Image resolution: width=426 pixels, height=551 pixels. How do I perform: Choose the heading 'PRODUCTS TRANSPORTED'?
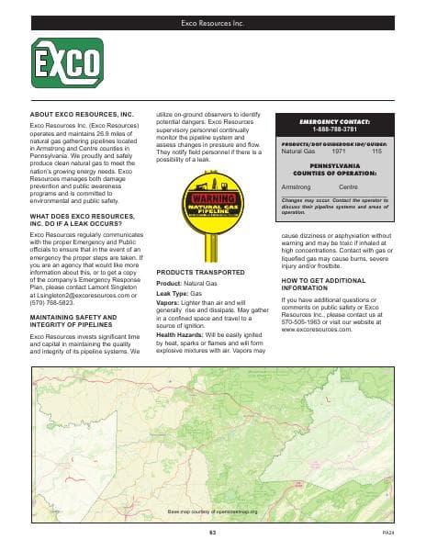[x=199, y=274]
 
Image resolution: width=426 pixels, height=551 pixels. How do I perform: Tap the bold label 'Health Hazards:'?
[x=180, y=333]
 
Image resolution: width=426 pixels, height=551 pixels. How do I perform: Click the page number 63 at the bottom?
[x=212, y=533]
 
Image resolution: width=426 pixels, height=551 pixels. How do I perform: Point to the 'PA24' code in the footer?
[x=387, y=533]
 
